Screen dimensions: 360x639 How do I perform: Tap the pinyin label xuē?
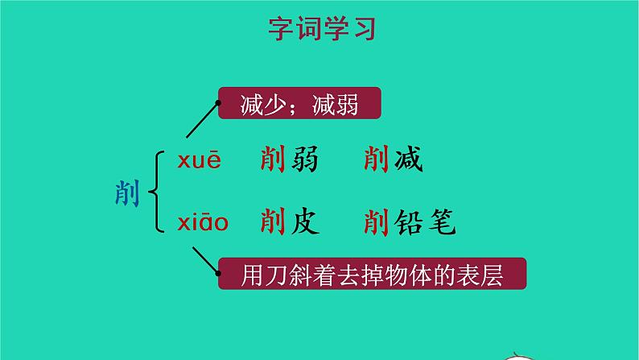(x=199, y=161)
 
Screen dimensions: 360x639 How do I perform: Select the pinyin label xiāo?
(x=204, y=221)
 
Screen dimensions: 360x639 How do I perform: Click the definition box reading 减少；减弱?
(x=299, y=105)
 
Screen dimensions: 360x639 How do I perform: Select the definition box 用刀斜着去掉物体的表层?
(x=372, y=275)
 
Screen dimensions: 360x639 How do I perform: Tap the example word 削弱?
(x=290, y=161)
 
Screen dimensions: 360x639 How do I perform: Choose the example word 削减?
(x=393, y=161)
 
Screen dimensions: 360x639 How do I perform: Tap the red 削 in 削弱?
(x=274, y=161)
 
